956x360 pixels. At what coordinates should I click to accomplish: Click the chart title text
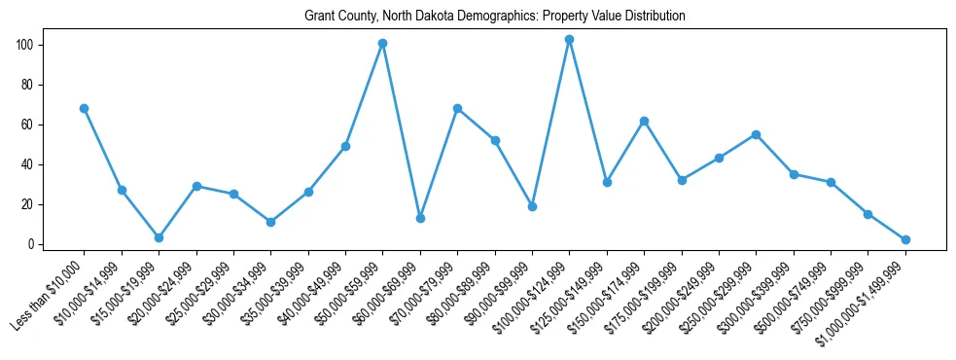[x=494, y=17]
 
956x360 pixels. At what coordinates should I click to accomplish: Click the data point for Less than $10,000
[x=85, y=108]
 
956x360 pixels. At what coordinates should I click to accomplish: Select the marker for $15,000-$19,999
[x=159, y=237]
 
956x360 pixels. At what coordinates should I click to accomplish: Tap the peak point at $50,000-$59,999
[x=383, y=43]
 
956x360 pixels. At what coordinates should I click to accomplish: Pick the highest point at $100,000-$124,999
[x=570, y=39]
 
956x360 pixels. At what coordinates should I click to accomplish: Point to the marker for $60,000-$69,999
[x=420, y=218]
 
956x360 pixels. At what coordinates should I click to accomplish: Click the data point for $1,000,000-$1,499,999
[x=905, y=239]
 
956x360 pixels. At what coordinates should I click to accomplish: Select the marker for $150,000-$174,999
[x=644, y=121]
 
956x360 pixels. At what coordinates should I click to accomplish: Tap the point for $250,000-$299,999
[x=757, y=134]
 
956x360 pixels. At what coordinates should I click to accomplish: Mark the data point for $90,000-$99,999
[x=532, y=206]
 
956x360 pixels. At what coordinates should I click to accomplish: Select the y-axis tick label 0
[x=32, y=244]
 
